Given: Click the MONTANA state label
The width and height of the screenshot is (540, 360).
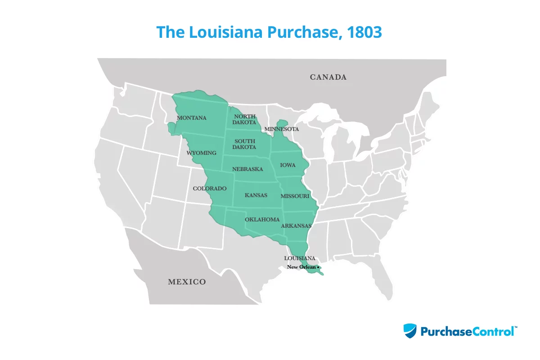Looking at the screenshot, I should [192, 118].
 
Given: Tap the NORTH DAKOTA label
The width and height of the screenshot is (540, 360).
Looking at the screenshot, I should [245, 119].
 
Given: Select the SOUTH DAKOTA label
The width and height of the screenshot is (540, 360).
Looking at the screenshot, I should [245, 144].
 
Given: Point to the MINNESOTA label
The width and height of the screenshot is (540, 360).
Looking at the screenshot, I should [282, 129].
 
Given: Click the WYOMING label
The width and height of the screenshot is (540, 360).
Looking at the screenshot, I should [202, 153].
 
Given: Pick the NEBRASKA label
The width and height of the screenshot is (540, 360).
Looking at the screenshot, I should [247, 169].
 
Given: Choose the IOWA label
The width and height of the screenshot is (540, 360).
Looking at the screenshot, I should [288, 165].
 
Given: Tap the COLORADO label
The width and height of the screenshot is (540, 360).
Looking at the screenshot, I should [210, 189].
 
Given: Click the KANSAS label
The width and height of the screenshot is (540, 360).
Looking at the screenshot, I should [256, 195].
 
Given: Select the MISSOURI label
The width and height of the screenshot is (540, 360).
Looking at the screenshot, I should [295, 196].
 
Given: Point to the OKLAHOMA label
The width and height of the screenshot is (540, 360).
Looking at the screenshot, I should [262, 220].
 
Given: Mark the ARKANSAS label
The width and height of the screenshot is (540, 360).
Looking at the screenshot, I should [296, 226].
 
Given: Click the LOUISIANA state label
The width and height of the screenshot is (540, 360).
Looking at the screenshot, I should [300, 258].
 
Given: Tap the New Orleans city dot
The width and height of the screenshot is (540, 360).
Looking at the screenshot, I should [318, 267].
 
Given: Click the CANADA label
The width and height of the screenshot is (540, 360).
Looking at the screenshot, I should [328, 77].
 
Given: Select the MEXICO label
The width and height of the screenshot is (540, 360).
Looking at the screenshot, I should [187, 282].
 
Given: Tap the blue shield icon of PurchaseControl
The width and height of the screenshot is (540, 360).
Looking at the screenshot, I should [410, 331].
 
